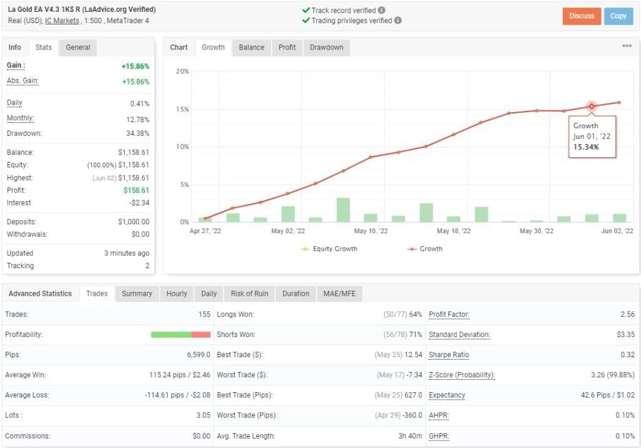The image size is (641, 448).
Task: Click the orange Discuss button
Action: [x=582, y=16]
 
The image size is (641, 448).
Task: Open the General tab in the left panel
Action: [x=78, y=48]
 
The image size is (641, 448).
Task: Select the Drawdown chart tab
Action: [x=326, y=48]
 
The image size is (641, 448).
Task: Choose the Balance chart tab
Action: [x=252, y=48]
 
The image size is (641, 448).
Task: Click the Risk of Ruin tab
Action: [x=249, y=294]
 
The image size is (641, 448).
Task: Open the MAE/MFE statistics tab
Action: [x=339, y=294]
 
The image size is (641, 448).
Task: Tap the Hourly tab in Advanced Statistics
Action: [x=177, y=294]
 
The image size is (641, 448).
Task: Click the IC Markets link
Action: [x=62, y=21]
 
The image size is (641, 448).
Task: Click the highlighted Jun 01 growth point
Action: [x=592, y=107]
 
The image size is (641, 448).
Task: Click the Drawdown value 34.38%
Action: [x=137, y=134]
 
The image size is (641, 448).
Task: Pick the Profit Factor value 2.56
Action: [x=627, y=315]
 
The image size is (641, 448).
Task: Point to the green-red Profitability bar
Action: [x=180, y=335]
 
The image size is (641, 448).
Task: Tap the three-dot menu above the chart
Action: [x=627, y=46]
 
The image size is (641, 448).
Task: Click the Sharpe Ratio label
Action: [x=449, y=355]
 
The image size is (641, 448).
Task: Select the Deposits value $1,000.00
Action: [x=133, y=222]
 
